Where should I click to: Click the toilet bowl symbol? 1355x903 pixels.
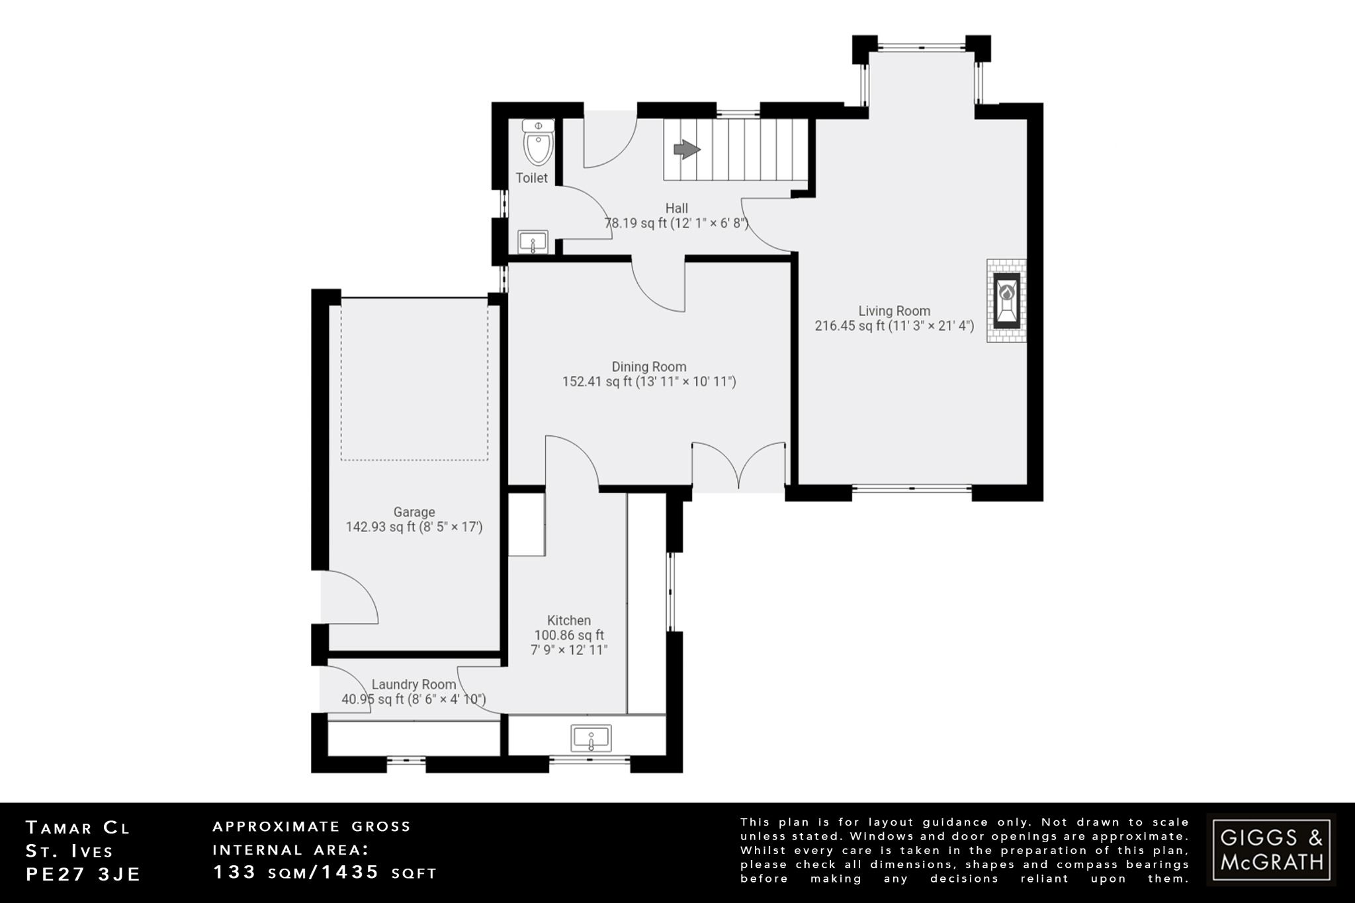(x=538, y=144)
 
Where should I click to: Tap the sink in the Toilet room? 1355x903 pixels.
(x=533, y=241)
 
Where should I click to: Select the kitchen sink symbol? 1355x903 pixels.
(x=591, y=738)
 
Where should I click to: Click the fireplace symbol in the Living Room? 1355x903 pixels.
(x=1006, y=300)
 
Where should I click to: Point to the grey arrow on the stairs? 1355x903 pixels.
(x=687, y=150)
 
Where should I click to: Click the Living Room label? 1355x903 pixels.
(x=894, y=311)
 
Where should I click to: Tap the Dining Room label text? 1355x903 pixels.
(x=648, y=366)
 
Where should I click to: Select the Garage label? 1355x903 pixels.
(x=414, y=512)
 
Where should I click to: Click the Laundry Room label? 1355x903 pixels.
(x=414, y=685)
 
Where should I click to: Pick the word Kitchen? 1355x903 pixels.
(x=569, y=621)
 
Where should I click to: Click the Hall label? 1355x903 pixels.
(x=676, y=208)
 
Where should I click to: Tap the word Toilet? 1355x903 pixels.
(x=531, y=178)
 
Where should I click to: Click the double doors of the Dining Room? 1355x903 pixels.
(x=738, y=467)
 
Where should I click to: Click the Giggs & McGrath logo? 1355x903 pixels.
(x=1271, y=849)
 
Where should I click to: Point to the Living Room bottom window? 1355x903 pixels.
(x=912, y=490)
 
